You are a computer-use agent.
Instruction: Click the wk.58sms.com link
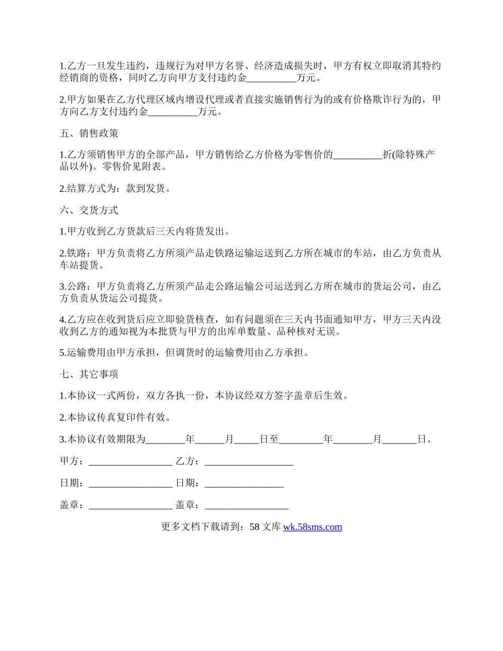click(x=312, y=527)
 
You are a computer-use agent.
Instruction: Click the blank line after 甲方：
click(x=131, y=462)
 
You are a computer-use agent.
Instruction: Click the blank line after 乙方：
click(x=249, y=462)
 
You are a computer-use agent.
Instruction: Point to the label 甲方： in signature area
click(x=72, y=462)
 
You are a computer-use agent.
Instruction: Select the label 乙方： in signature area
click(x=188, y=462)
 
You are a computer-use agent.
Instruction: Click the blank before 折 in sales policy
click(x=357, y=155)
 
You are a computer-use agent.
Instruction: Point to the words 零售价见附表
click(x=132, y=167)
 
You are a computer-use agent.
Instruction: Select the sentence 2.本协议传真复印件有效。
click(x=115, y=418)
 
